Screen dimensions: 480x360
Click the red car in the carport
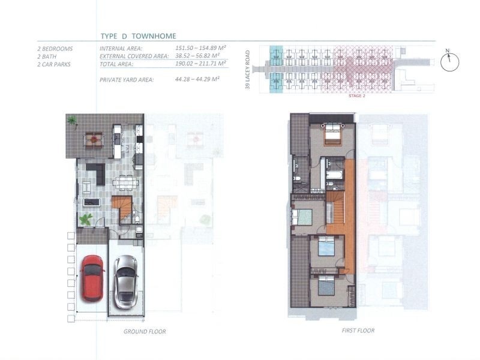[92, 278]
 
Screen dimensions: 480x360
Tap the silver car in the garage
[125, 281]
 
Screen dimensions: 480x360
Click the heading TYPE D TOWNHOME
[139, 36]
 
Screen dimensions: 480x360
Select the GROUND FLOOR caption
[145, 332]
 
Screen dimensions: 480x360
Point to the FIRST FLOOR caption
[358, 331]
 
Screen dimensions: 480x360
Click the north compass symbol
[449, 61]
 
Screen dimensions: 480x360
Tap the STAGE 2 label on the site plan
[357, 96]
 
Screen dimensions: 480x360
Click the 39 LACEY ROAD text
[248, 70]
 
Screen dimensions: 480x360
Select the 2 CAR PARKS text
[54, 64]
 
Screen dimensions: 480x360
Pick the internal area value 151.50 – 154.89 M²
[200, 48]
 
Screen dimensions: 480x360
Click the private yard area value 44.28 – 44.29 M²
[197, 79]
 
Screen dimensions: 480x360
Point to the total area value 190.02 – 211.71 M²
[200, 64]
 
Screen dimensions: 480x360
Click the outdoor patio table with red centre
[94, 140]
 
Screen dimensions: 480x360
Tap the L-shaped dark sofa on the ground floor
[97, 173]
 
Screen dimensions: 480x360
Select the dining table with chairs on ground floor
[125, 183]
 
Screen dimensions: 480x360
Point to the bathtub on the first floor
[335, 175]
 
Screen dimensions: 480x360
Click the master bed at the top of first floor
[332, 134]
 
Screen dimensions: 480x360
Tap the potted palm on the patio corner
[73, 120]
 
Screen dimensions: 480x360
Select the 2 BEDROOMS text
[55, 49]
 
